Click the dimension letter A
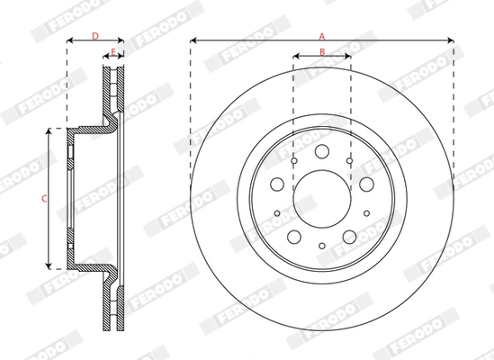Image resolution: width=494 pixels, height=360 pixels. pyautogui.click(x=321, y=34)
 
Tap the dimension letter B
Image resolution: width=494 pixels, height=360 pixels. pyautogui.click(x=321, y=52)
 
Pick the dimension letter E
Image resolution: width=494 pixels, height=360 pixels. pyautogui.click(x=112, y=50)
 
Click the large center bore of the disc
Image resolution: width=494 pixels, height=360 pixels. pyautogui.click(x=321, y=197)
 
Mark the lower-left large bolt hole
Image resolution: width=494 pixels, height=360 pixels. pyautogui.click(x=293, y=236)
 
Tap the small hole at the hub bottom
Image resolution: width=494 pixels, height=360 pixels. pyautogui.click(x=321, y=245)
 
